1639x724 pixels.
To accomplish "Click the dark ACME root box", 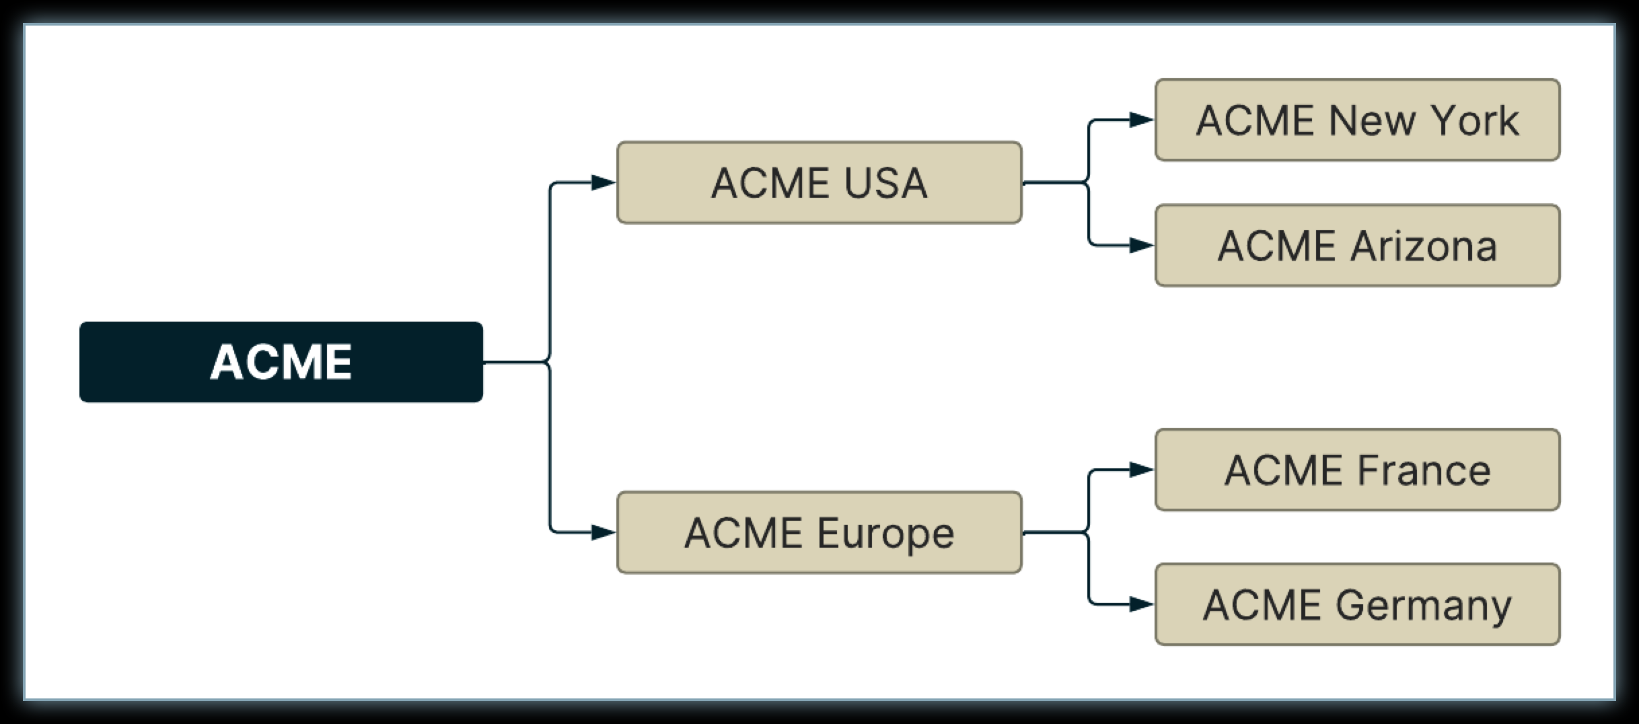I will (x=281, y=362).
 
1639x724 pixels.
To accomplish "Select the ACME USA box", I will (x=819, y=182).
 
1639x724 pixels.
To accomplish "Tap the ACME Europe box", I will (x=819, y=532).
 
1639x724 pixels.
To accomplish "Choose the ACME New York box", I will (x=1357, y=120).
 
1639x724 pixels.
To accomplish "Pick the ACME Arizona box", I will (x=1357, y=246).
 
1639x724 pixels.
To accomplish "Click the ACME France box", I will (x=1357, y=470).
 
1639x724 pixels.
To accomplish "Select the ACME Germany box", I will (x=1357, y=604).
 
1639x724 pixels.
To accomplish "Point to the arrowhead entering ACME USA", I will (x=602, y=182).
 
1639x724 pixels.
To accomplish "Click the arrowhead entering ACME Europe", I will (x=602, y=532).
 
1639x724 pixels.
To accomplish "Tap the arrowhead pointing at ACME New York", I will (x=1140, y=120).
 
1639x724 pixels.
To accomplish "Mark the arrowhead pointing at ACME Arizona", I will (x=1140, y=246).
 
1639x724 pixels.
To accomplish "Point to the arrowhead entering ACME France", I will (x=1140, y=470).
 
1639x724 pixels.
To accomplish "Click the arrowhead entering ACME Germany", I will (x=1140, y=604).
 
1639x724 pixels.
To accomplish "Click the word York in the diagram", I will (x=1474, y=121).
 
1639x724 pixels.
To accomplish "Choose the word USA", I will (x=885, y=183).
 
